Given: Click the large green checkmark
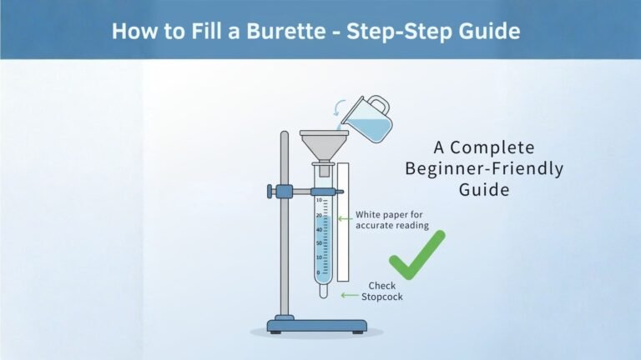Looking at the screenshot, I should click(x=416, y=254).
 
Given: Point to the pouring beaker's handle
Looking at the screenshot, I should click(x=380, y=106).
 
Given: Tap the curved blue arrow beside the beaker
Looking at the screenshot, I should click(x=337, y=107).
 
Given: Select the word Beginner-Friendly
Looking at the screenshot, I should click(x=484, y=168).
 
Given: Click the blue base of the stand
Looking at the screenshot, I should click(x=310, y=324).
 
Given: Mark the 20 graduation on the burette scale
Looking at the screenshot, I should click(x=318, y=215).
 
